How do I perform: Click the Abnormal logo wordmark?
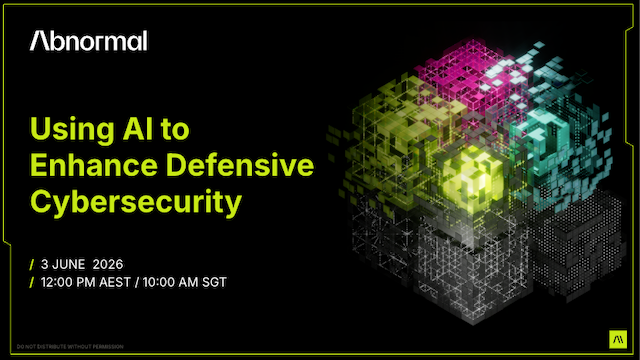pyautogui.click(x=89, y=41)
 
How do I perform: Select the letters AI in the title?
pyautogui.click(x=147, y=129)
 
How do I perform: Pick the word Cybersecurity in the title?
pyautogui.click(x=136, y=201)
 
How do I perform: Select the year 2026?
pyautogui.click(x=109, y=263)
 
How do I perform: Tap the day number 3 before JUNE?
pyautogui.click(x=46, y=263)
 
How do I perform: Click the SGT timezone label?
pyautogui.click(x=214, y=282)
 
